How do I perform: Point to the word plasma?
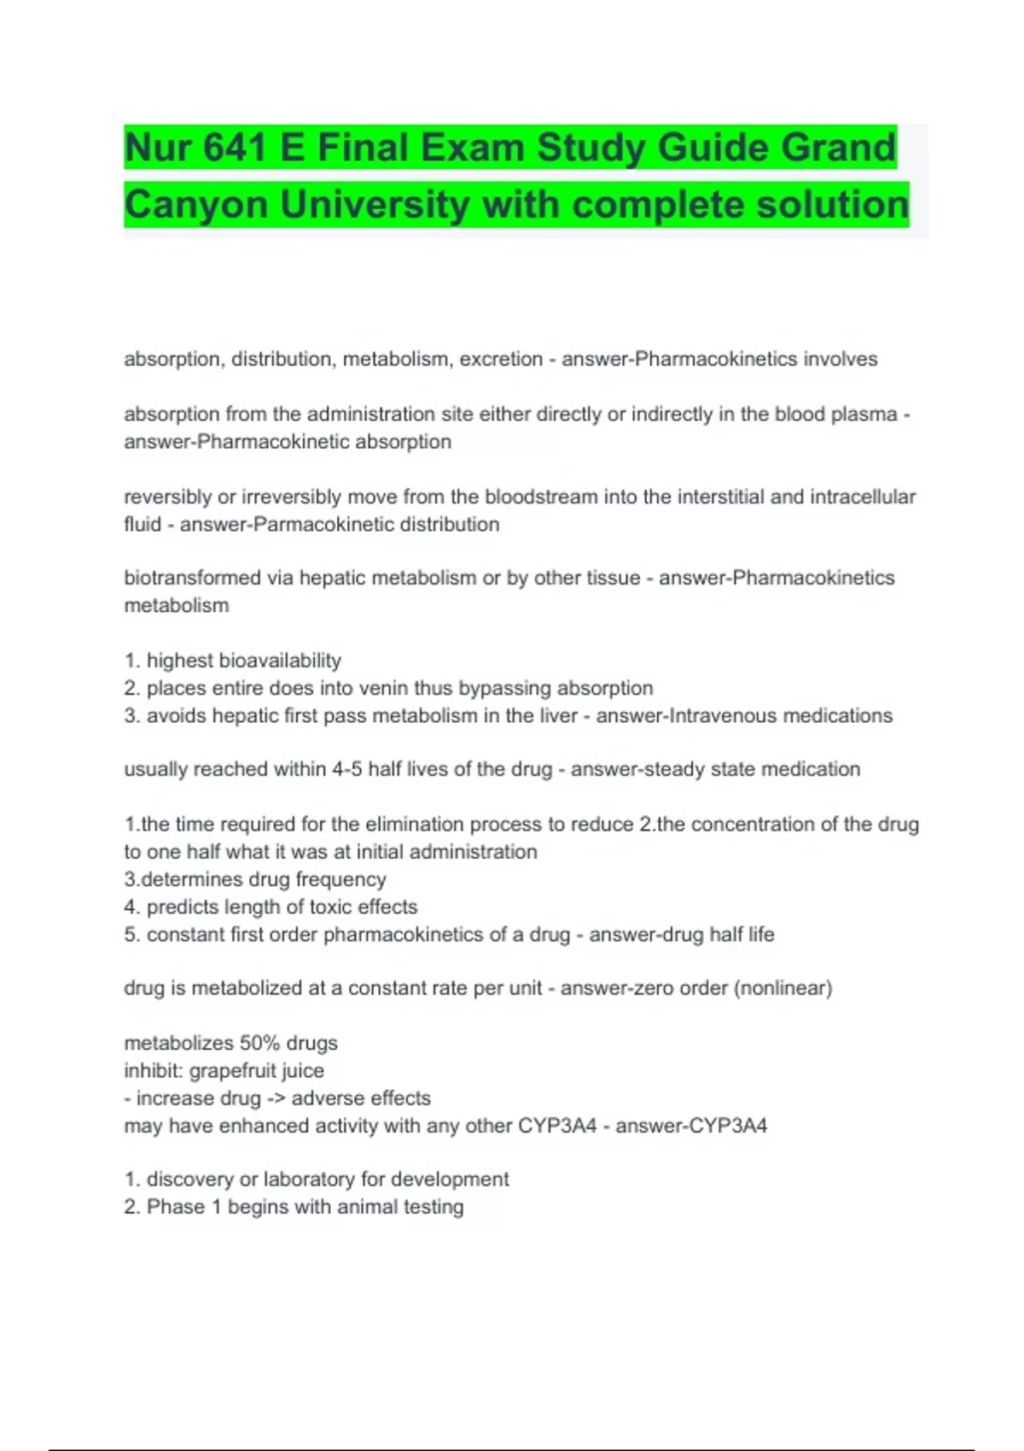point(864,414)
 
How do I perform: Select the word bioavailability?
point(280,661)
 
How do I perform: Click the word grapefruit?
point(232,1070)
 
